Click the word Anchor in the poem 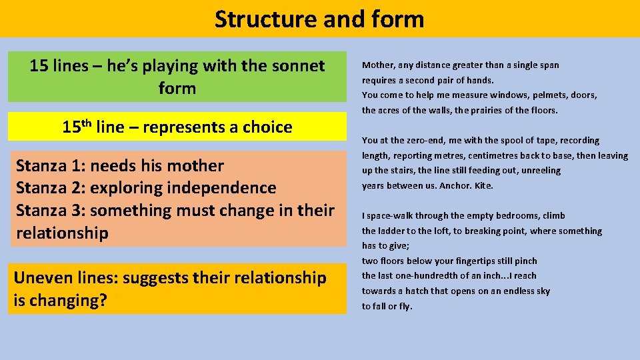454,186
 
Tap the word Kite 483,186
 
